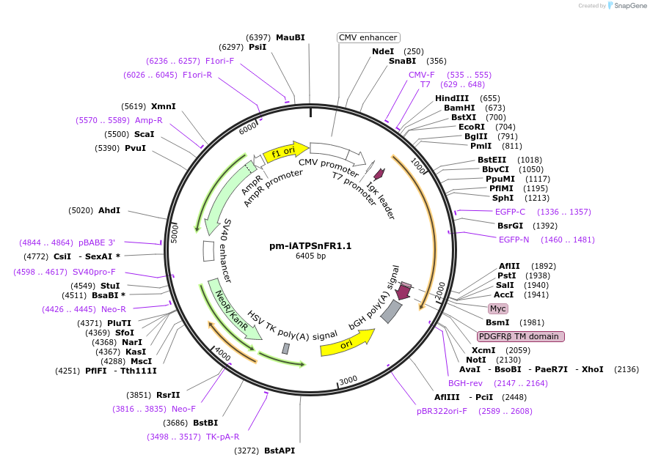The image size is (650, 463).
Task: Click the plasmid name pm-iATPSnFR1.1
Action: pyautogui.click(x=310, y=245)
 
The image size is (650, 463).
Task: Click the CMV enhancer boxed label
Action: pyautogui.click(x=368, y=37)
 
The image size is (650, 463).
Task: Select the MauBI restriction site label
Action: pyautogui.click(x=291, y=37)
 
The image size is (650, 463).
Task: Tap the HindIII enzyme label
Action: pyautogui.click(x=452, y=98)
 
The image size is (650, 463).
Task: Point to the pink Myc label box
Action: pyautogui.click(x=498, y=308)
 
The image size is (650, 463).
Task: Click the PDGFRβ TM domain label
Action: pyautogui.click(x=521, y=336)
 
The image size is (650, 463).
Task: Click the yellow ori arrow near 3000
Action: pyautogui.click(x=347, y=342)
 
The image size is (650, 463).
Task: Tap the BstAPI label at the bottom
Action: pyautogui.click(x=280, y=451)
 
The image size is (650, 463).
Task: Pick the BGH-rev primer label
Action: pyautogui.click(x=466, y=383)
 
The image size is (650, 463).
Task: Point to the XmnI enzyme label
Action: pyautogui.click(x=164, y=106)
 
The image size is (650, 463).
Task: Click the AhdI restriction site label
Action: pyautogui.click(x=109, y=210)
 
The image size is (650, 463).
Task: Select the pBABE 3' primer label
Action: pyautogui.click(x=97, y=242)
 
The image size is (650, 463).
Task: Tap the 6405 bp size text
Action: pyautogui.click(x=310, y=256)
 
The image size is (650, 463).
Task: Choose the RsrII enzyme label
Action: pyautogui.click(x=168, y=395)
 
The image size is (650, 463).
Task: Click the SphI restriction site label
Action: pyautogui.click(x=503, y=198)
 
